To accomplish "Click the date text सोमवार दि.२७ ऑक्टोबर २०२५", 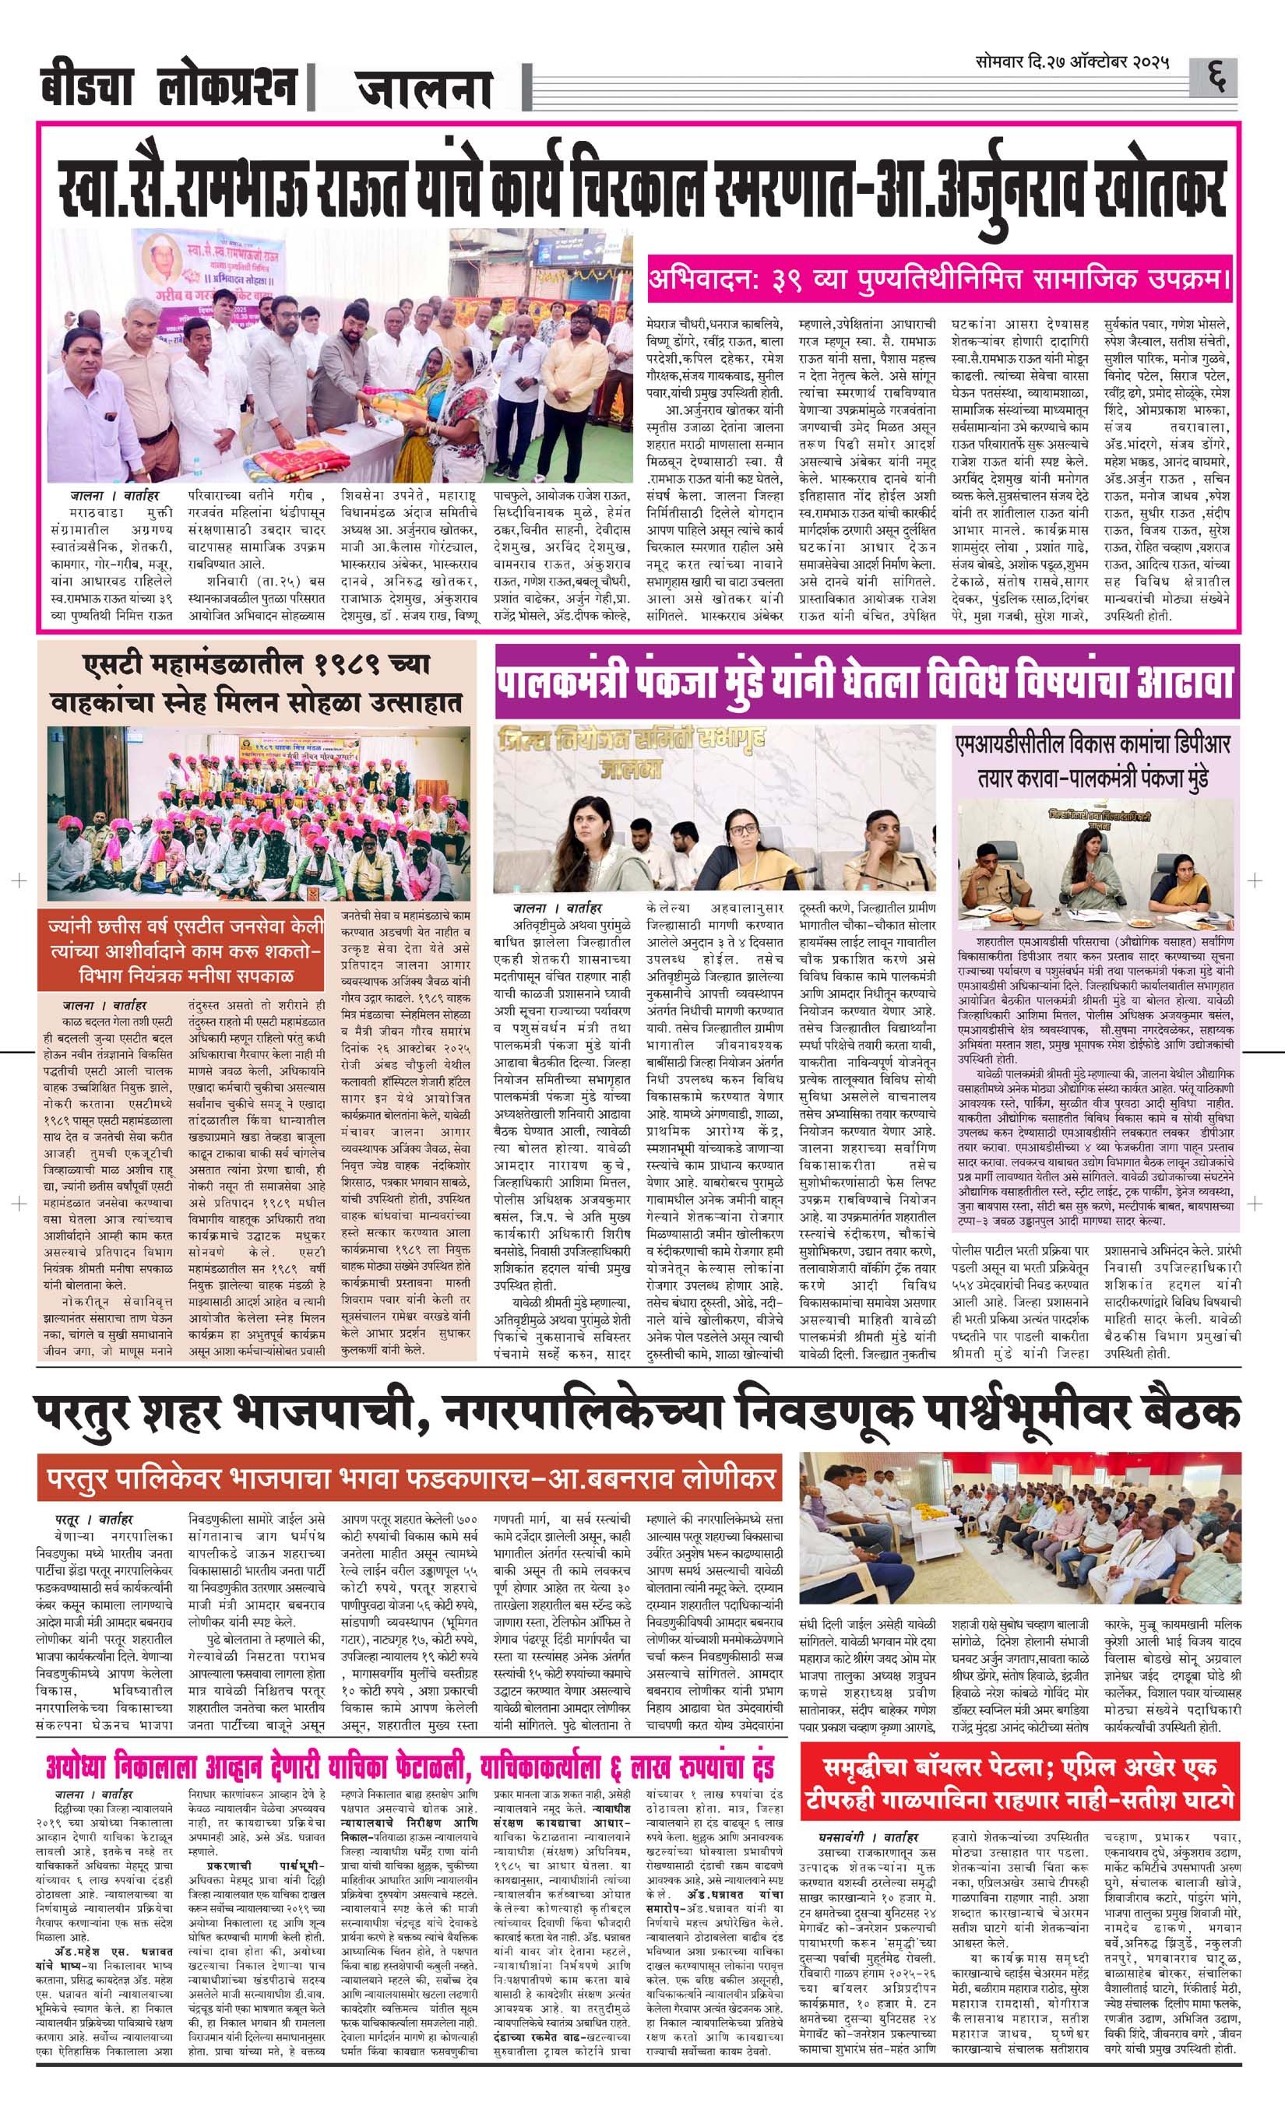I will pos(1072,64).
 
